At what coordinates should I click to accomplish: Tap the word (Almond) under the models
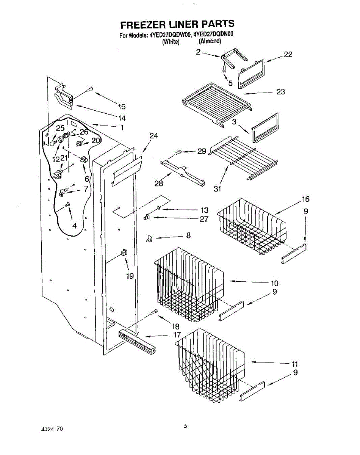[210, 41]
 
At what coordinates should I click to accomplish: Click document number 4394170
[52, 429]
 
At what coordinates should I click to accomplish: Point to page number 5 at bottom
[185, 426]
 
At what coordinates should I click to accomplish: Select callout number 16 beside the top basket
[305, 199]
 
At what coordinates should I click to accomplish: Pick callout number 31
[217, 188]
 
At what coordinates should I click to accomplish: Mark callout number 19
[130, 276]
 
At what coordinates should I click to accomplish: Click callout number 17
[177, 335]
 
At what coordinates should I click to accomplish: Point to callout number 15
[121, 107]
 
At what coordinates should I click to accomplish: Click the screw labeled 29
[178, 152]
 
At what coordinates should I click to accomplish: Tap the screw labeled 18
[154, 312]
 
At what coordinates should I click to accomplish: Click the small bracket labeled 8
[149, 238]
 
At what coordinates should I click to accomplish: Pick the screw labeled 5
[224, 70]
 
